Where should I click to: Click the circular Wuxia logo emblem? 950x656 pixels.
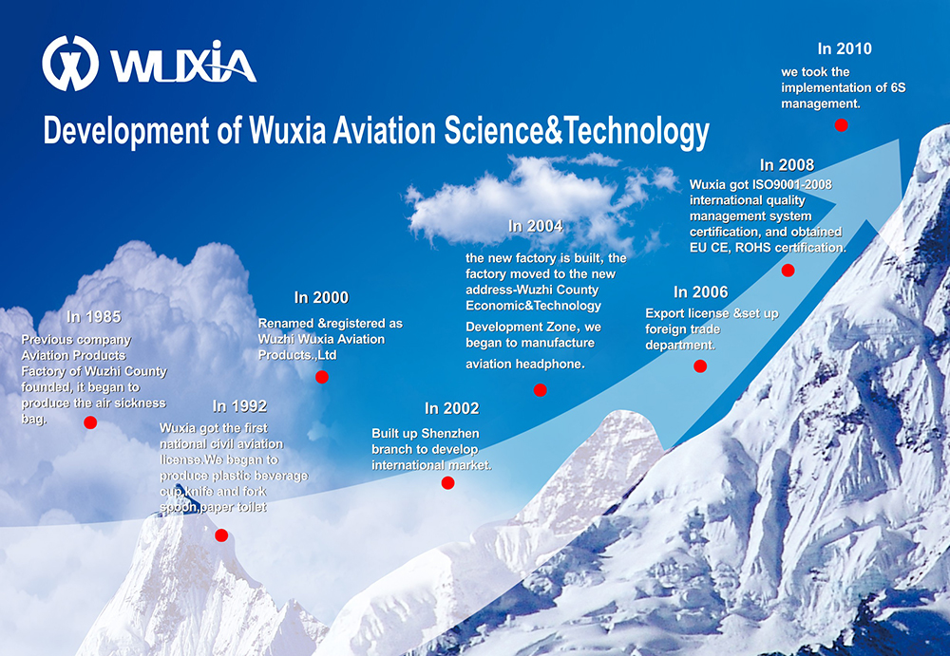point(70,63)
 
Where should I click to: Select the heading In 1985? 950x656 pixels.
point(94,317)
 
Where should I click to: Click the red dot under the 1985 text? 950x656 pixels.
point(90,422)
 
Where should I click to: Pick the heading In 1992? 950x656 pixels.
point(239,405)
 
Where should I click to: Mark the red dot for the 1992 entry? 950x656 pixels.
point(221,535)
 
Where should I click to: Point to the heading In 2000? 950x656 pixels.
point(321,297)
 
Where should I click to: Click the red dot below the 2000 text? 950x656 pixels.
point(322,377)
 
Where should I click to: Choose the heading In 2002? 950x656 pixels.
point(452,408)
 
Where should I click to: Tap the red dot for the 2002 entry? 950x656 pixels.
point(447,483)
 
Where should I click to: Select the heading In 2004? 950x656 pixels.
point(536,226)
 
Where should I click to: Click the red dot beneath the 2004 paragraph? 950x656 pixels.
point(540,390)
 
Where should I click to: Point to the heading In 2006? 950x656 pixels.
point(700,292)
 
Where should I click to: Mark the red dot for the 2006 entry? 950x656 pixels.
point(700,365)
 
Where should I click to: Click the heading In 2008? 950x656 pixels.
point(787,165)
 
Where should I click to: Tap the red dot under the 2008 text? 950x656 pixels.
point(788,271)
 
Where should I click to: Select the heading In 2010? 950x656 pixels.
point(845,48)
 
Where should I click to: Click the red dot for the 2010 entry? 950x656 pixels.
point(841,124)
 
